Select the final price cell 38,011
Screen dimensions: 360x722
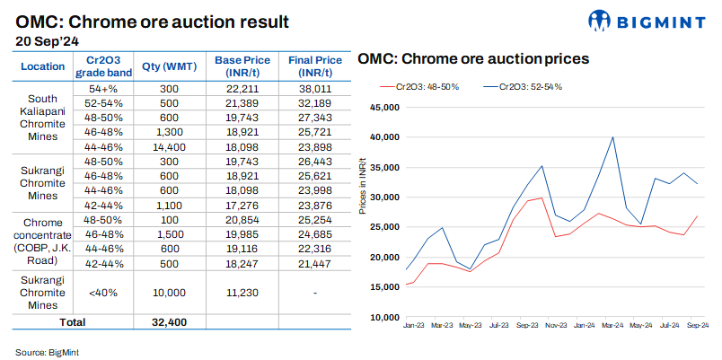[312, 90]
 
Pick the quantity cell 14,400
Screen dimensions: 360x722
[170, 145]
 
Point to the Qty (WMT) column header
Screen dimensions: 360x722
[170, 66]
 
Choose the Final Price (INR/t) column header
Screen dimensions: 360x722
[312, 66]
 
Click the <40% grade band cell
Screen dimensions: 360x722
[104, 292]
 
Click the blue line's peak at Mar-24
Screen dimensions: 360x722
[612, 137]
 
